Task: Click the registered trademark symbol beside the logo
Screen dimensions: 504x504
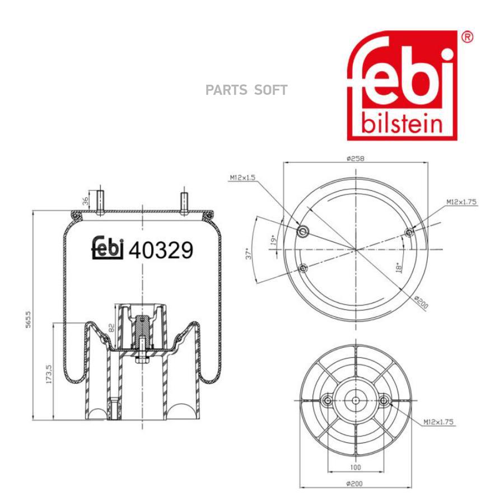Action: [467, 38]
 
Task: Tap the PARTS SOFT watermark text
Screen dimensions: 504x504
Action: [246, 90]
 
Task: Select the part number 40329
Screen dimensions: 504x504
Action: [161, 250]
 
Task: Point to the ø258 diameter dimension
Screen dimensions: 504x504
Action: [356, 158]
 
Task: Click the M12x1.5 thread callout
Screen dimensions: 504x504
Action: [242, 177]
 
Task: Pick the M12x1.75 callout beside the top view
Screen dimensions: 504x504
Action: [461, 202]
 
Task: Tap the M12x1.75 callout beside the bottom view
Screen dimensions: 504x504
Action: [438, 422]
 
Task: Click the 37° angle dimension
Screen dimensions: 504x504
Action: [249, 253]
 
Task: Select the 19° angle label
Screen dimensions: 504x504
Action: [273, 240]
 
